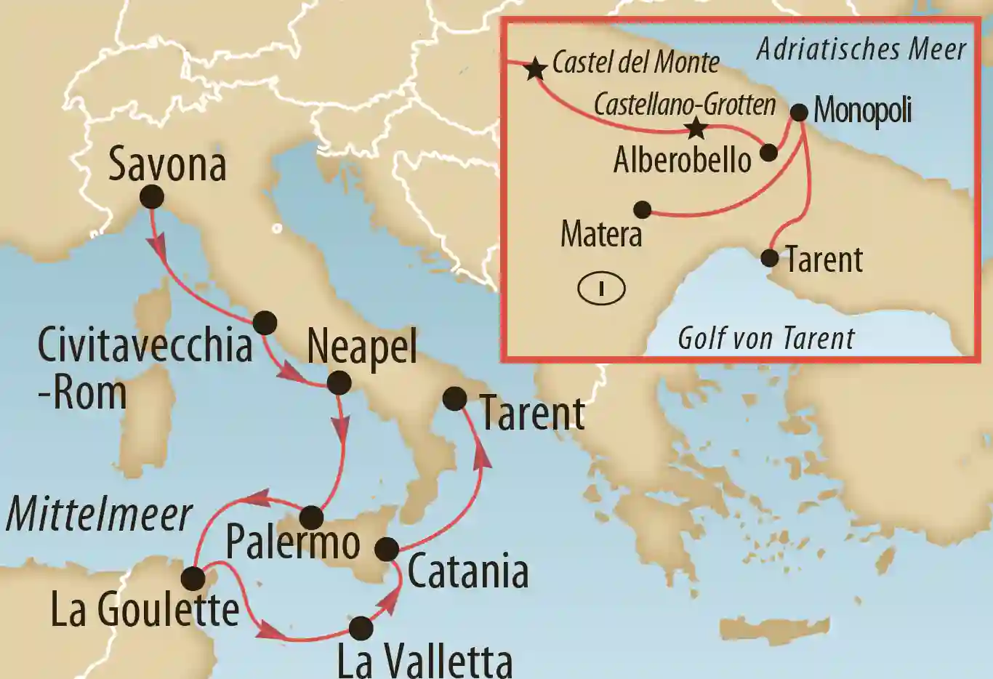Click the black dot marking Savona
point(152,196)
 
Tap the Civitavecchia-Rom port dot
point(265,323)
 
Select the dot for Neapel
point(339,383)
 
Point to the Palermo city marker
point(311,518)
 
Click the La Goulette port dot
point(193,579)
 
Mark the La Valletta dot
point(361,628)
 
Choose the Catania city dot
point(387,549)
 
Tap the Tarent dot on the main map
point(454,398)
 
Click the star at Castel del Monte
point(536,68)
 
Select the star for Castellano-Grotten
point(696,129)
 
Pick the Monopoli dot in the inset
point(799,113)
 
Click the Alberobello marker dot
point(768,153)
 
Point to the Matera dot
point(642,210)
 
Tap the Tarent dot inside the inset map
point(770,258)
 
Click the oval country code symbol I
point(601,289)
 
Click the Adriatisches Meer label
point(861,49)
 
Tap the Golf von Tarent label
point(765,339)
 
